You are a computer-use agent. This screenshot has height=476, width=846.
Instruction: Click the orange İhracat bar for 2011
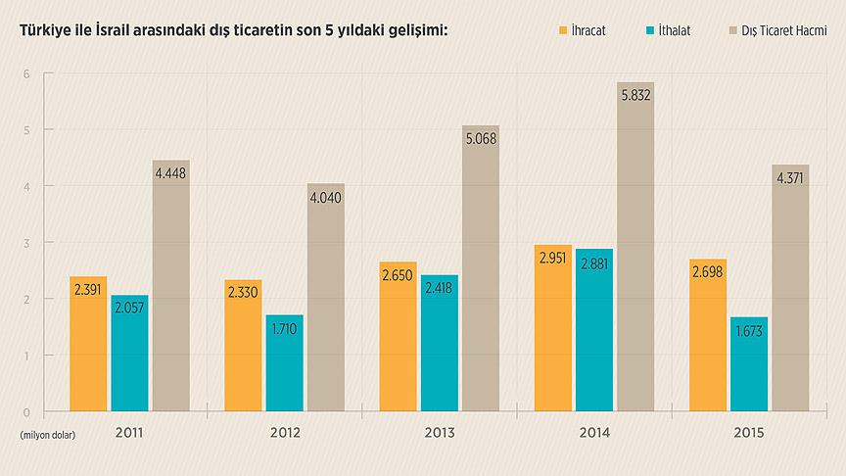[88, 343]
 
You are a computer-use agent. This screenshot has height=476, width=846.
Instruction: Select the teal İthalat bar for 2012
[284, 362]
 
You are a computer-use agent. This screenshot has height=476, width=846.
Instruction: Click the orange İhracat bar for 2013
[398, 338]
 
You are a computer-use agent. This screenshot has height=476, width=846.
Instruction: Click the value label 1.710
[284, 328]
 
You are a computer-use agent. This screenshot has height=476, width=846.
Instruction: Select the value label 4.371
[790, 178]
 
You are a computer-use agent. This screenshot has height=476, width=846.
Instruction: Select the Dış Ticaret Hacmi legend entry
[773, 31]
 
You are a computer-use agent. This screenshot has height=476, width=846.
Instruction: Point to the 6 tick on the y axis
[26, 74]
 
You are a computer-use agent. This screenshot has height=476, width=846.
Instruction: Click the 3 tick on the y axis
[26, 243]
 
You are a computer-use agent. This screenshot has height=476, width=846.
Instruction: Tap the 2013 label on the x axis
[439, 432]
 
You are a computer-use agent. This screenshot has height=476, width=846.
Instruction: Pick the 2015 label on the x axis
[749, 432]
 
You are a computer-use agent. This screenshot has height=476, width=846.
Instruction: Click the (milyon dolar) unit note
[46, 433]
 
